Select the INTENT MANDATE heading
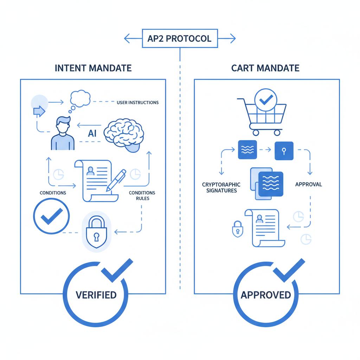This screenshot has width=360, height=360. [x=93, y=68]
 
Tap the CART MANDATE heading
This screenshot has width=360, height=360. [x=265, y=68]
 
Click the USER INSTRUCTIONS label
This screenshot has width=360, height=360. [x=137, y=103]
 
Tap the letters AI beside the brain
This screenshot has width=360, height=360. [x=92, y=134]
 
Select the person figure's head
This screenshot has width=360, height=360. [x=63, y=126]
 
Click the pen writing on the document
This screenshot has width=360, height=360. [x=116, y=180]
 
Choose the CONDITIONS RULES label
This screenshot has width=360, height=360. [x=142, y=195]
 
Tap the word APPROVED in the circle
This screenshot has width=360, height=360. [x=266, y=295]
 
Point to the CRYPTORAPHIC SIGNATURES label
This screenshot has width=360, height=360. [x=221, y=187]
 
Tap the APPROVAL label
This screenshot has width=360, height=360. [x=308, y=184]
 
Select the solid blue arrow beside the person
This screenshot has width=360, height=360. [x=39, y=111]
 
